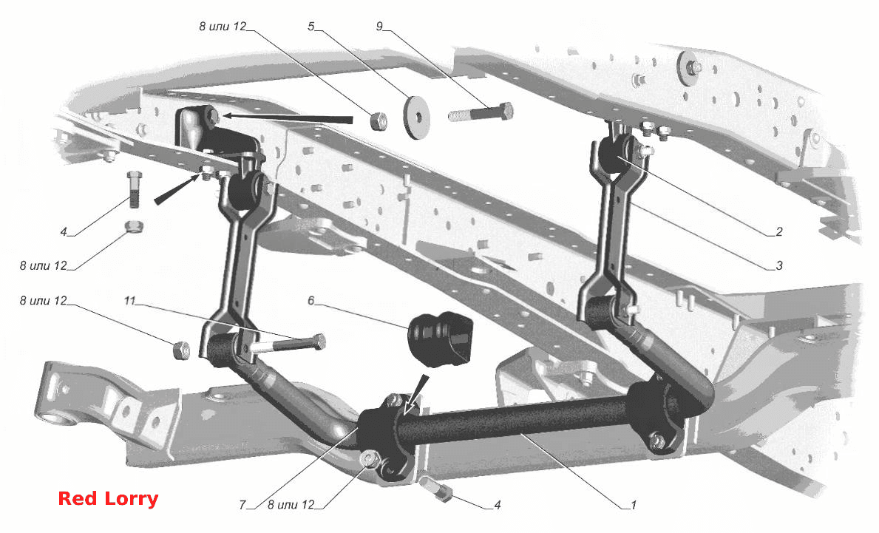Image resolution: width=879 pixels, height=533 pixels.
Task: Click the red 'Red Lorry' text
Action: pyautogui.click(x=108, y=498)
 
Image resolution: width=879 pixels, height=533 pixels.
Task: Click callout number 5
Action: pyautogui.click(x=310, y=27)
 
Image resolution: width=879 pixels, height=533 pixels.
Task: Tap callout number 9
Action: pyautogui.click(x=379, y=27)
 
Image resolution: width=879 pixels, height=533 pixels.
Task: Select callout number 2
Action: pyautogui.click(x=778, y=231)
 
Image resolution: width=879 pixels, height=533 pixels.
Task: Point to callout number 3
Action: pyautogui.click(x=778, y=265)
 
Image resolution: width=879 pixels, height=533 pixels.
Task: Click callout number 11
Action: pyautogui.click(x=129, y=301)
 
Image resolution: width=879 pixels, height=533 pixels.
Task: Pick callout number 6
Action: pyautogui.click(x=310, y=301)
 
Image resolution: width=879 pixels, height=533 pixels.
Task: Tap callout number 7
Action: pyautogui.click(x=242, y=505)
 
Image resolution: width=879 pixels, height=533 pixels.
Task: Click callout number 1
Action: pyautogui.click(x=634, y=505)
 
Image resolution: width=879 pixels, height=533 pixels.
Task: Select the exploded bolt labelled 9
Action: pyautogui.click(x=481, y=112)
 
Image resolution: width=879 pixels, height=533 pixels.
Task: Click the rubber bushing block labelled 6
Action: pyautogui.click(x=441, y=337)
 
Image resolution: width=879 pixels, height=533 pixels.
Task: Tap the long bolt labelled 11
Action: pyautogui.click(x=286, y=343)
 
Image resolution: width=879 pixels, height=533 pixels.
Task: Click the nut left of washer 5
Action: pyautogui.click(x=379, y=120)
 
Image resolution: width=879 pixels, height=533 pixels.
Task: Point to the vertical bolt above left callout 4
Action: pyautogui.click(x=135, y=189)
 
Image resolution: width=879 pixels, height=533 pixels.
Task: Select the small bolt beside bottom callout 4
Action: pyautogui.click(x=439, y=488)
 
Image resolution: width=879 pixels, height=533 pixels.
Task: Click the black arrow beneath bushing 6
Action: pyautogui.click(x=416, y=393)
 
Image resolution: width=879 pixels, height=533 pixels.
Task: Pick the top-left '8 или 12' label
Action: pyautogui.click(x=223, y=27)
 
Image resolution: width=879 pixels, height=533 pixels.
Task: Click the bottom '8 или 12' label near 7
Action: pyautogui.click(x=291, y=505)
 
